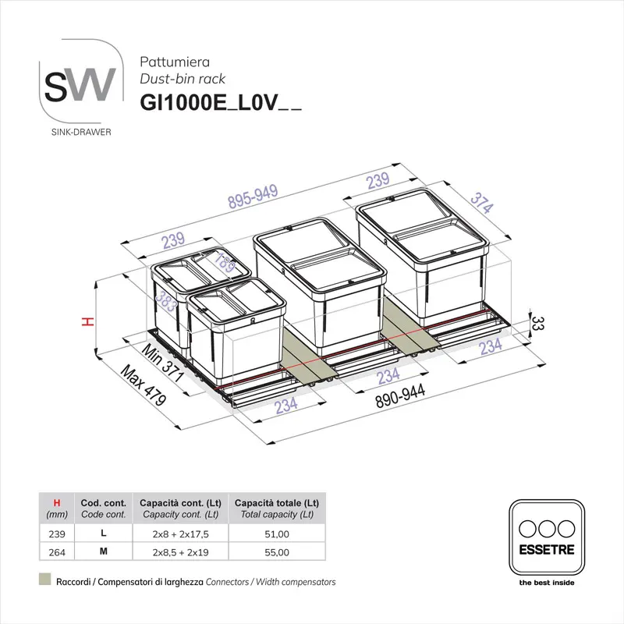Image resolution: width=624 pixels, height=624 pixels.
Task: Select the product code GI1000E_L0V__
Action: pos(220,102)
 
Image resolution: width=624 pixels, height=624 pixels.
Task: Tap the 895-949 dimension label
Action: pos(253,201)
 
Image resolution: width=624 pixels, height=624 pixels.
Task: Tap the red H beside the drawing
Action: pos(90,321)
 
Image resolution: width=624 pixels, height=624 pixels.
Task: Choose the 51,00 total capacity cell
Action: pos(278,535)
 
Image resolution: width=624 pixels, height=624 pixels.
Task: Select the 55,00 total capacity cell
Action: pos(278,552)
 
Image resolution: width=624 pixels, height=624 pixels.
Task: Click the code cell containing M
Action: pos(104,552)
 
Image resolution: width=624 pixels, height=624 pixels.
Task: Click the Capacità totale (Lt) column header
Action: pos(277,502)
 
